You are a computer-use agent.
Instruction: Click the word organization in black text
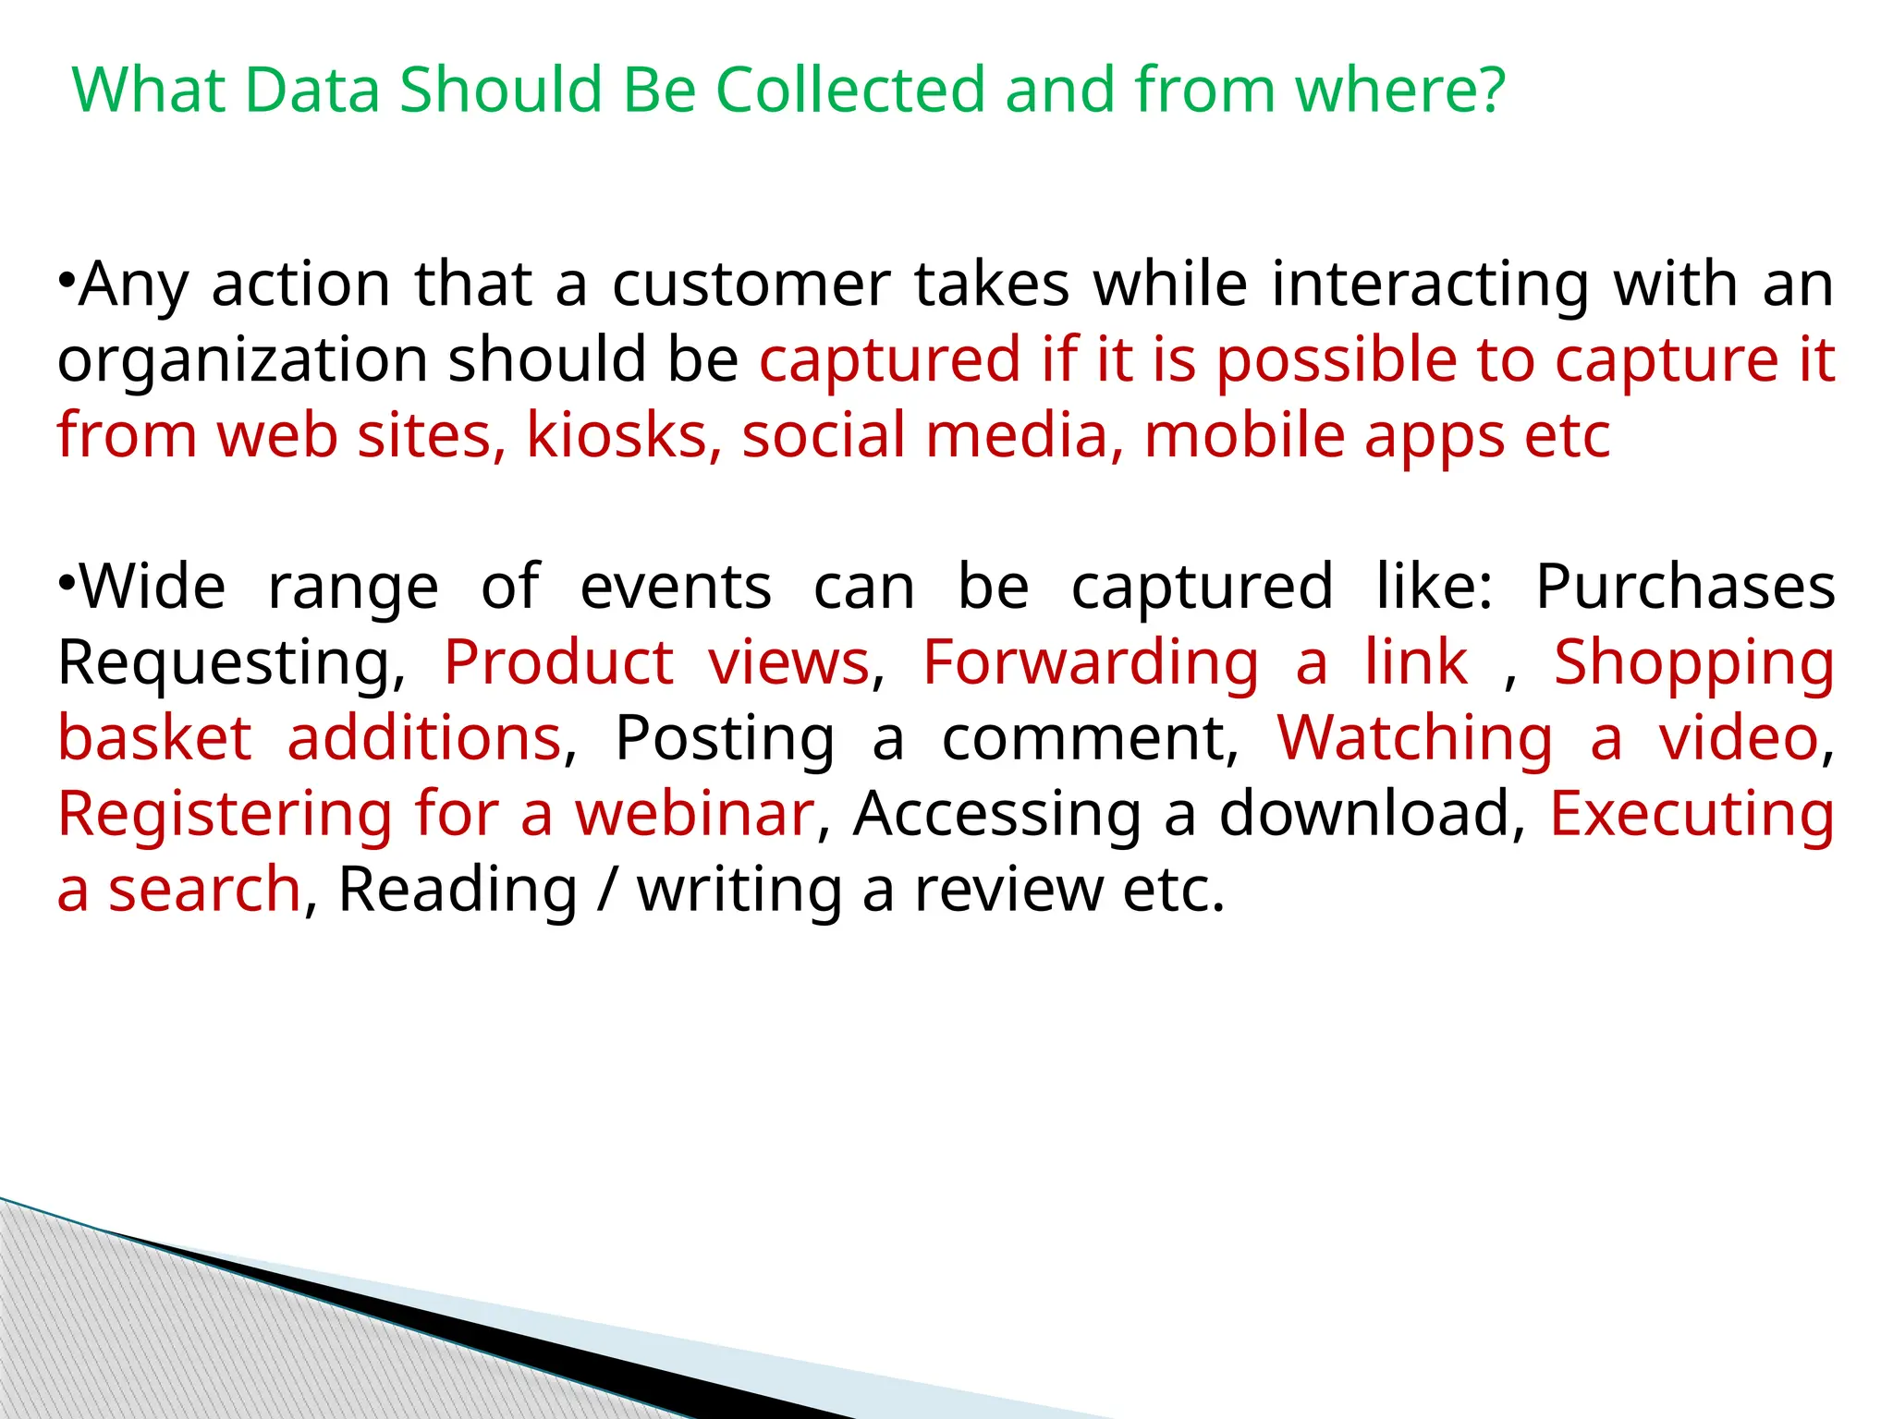(242, 360)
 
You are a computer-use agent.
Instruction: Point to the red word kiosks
(617, 435)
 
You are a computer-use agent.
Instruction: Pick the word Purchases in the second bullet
(1685, 587)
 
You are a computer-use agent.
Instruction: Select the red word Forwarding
(1091, 662)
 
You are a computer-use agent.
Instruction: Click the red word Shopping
(1694, 663)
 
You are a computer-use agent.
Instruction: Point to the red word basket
(154, 738)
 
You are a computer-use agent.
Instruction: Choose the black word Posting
(725, 738)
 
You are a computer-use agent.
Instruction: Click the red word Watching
(1415, 738)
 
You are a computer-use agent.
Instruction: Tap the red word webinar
(694, 814)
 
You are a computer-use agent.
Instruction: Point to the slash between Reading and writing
(606, 890)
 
